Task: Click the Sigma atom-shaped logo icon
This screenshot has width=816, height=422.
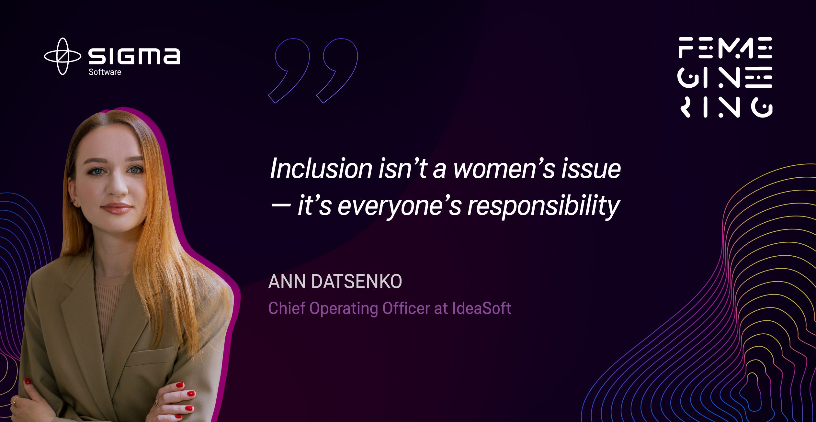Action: pyautogui.click(x=62, y=56)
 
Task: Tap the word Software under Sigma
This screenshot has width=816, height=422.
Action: pyautogui.click(x=105, y=72)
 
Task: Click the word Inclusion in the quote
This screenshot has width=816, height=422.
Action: pyautogui.click(x=321, y=169)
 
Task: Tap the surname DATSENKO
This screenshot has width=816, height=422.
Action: pyautogui.click(x=357, y=281)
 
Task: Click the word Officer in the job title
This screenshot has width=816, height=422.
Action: pyautogui.click(x=406, y=308)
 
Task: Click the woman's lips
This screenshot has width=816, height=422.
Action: pyautogui.click(x=116, y=208)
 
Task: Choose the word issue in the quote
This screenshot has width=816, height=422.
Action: pyautogui.click(x=591, y=169)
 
